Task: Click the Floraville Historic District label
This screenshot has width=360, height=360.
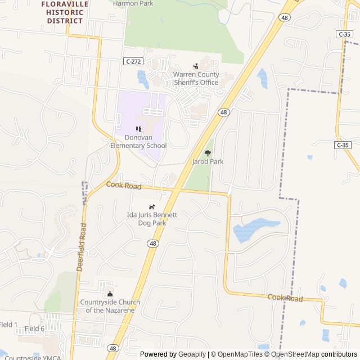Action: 64,12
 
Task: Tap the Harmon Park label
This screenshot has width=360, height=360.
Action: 133,3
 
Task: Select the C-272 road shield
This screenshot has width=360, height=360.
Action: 133,61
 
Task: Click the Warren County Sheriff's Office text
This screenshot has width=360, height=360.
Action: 195,79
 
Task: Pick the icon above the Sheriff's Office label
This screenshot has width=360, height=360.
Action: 196,66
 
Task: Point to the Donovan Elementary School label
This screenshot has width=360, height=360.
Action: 138,142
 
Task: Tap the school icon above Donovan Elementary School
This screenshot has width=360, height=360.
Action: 138,129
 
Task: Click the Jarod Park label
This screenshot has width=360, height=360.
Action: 208,162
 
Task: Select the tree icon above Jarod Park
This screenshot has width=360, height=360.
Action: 208,152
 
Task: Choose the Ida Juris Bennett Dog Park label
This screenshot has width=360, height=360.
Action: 152,219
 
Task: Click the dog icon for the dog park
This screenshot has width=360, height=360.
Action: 152,206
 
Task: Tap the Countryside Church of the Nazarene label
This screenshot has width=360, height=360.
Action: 110,306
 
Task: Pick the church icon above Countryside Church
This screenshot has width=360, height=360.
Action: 110,294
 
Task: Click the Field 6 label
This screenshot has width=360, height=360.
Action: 34,328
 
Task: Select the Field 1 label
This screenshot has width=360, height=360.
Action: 8,325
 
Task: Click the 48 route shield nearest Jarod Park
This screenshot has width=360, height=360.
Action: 224,112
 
